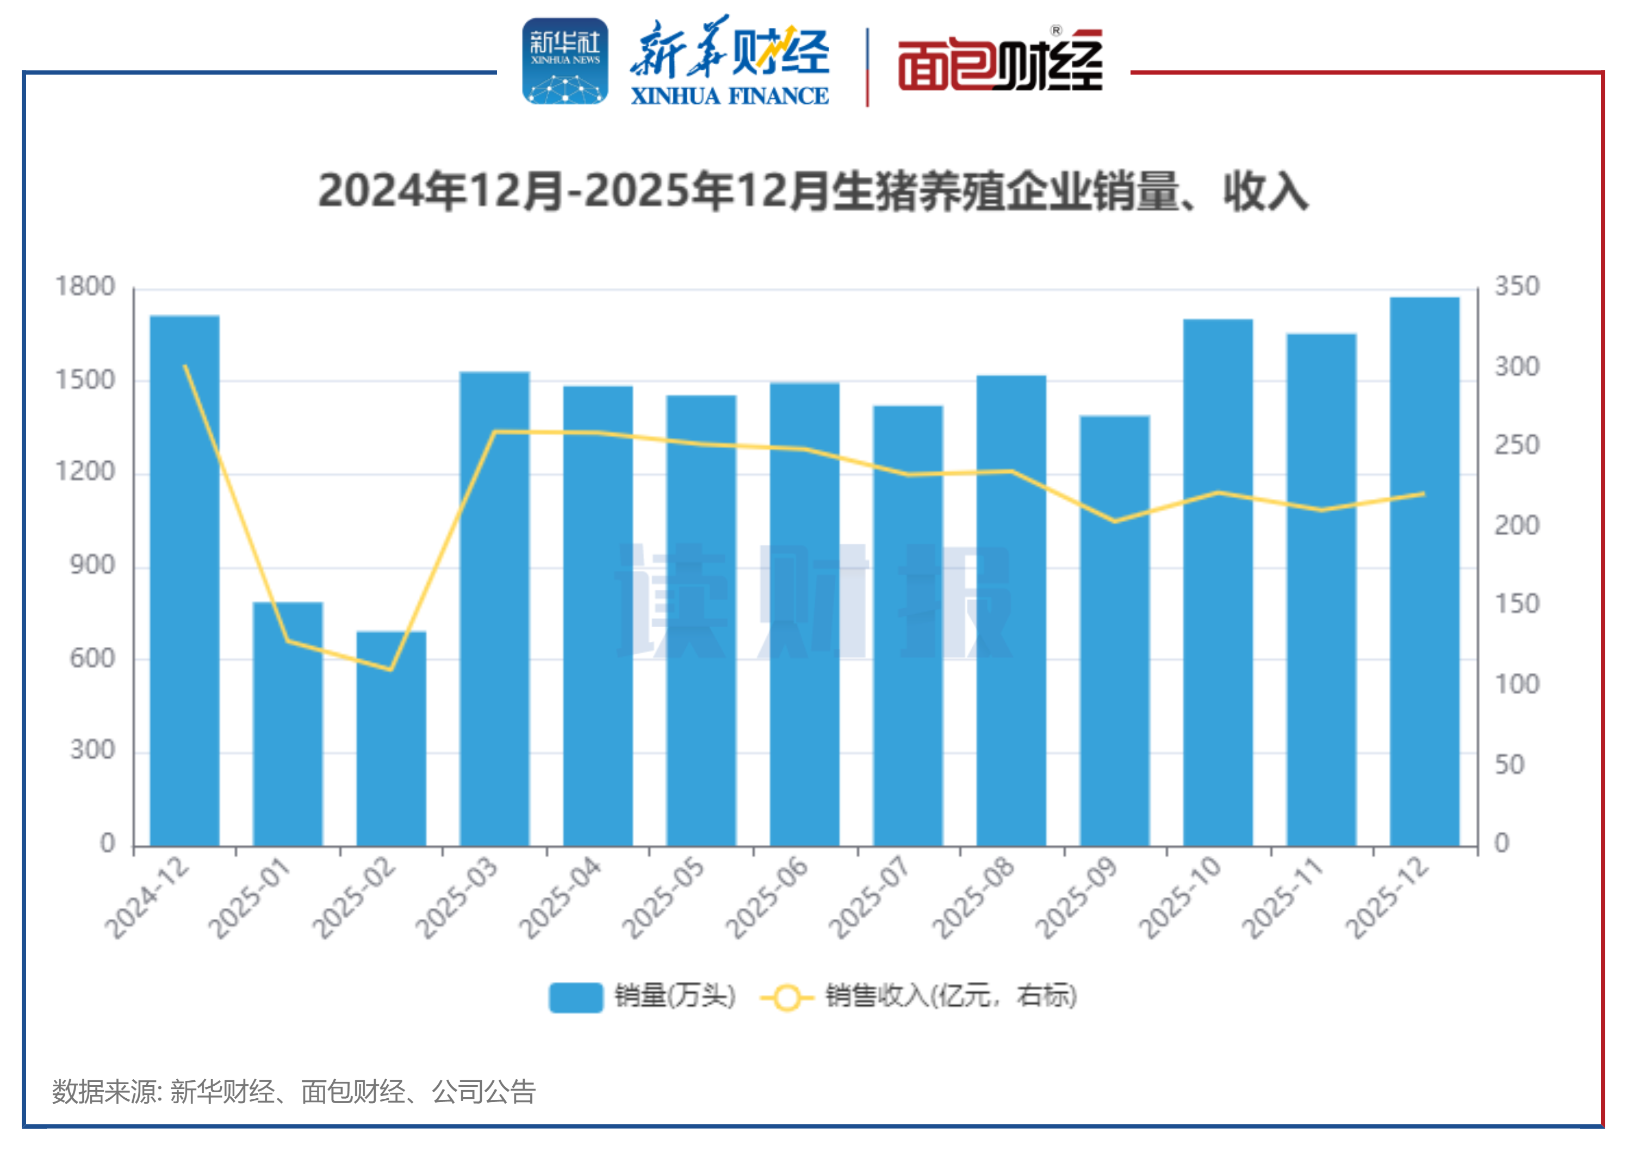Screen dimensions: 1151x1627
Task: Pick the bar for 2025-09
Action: [x=1115, y=631]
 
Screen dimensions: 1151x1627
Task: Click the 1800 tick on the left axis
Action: [x=85, y=287]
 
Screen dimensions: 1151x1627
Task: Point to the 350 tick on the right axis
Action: [x=1517, y=287]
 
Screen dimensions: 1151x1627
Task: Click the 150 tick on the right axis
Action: [x=1517, y=604]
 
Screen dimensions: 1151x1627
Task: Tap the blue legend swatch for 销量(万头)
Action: [x=575, y=997]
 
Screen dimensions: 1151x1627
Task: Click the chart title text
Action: [x=813, y=191]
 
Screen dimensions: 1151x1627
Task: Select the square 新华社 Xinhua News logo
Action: [x=565, y=61]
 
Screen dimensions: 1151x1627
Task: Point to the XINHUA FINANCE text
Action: [x=730, y=96]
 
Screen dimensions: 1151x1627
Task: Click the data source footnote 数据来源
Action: [x=293, y=1092]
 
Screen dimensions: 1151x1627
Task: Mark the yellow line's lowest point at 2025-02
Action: [x=390, y=669]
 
